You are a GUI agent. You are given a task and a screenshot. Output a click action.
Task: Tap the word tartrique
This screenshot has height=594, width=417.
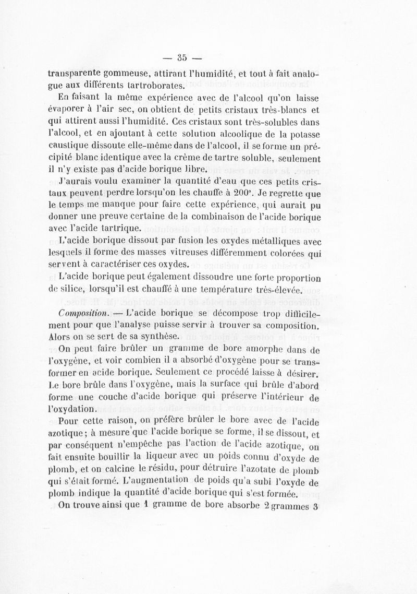click(122, 228)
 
